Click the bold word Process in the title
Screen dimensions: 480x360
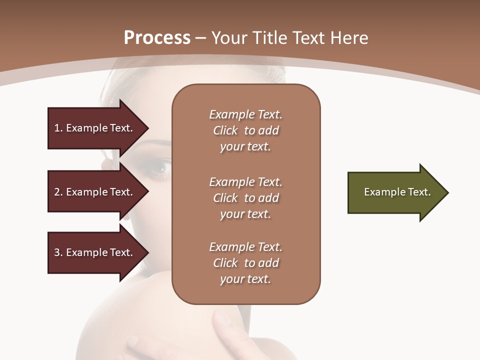coord(157,38)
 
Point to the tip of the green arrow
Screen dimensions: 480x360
coord(447,192)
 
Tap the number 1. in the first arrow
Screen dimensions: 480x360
coord(58,128)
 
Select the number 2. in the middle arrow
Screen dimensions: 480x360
coord(58,192)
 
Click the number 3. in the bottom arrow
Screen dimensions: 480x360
coord(58,252)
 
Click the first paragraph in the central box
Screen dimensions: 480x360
coord(245,130)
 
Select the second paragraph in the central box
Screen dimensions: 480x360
coord(245,198)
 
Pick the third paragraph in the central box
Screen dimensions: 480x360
coord(245,263)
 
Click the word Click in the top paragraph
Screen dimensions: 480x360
coord(225,130)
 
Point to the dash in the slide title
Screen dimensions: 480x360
coord(201,38)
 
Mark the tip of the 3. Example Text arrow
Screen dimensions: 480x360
coord(148,252)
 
